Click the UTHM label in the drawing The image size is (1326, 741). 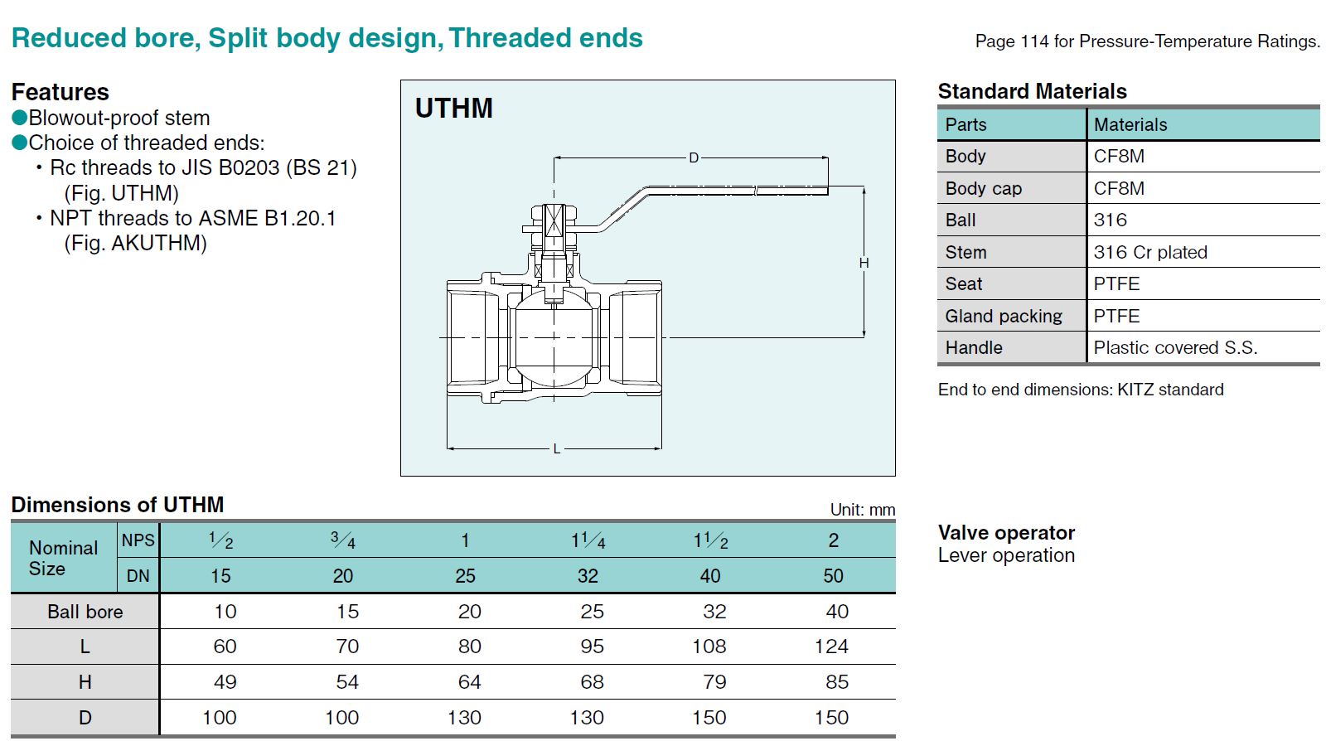(453, 109)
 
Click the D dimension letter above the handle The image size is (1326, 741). (694, 157)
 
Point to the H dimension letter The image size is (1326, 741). (864, 263)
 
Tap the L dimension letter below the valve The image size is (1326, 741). (556, 448)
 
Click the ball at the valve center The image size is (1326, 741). (554, 338)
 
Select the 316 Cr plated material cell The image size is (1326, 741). (1149, 252)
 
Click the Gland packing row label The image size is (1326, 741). (1003, 316)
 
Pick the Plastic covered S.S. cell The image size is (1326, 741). (1174, 348)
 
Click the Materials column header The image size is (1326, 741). (1130, 125)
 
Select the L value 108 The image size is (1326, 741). (709, 647)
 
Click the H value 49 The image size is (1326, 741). (225, 682)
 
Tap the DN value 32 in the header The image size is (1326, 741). (588, 576)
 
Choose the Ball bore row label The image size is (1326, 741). (85, 612)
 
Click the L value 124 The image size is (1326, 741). (831, 647)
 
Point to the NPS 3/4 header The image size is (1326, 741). (343, 541)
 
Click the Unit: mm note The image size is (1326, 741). (862, 510)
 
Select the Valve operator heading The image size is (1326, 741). (1005, 532)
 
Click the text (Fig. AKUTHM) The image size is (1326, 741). (135, 244)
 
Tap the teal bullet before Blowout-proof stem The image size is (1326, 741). (20, 118)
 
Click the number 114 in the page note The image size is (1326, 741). (1034, 41)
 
